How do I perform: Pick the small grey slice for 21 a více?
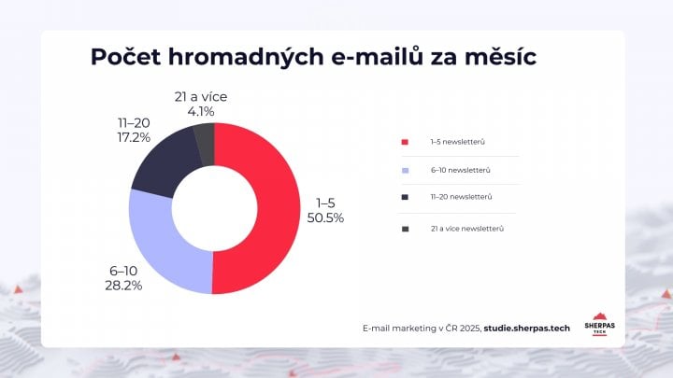205,140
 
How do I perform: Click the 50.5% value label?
325,217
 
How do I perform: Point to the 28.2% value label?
123,285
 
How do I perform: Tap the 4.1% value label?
200,110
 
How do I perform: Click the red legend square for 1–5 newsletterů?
405,142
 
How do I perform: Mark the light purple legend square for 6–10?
405,170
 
